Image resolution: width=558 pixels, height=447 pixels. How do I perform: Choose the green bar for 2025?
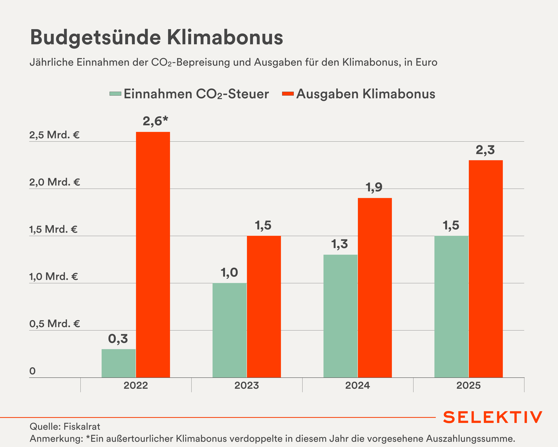click(x=451, y=307)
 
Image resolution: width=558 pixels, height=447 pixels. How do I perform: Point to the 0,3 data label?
click(x=118, y=339)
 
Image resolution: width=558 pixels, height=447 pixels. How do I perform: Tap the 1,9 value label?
click(x=374, y=187)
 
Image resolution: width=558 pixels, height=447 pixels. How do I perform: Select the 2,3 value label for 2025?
click(x=485, y=150)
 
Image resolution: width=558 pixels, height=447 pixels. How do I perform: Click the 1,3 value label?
click(x=340, y=244)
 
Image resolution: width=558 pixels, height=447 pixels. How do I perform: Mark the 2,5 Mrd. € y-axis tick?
click(x=54, y=135)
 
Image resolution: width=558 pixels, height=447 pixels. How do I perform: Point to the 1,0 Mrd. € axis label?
click(x=54, y=277)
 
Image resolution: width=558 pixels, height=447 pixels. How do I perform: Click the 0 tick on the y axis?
click(x=32, y=371)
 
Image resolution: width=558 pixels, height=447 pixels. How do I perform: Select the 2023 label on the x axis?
click(x=247, y=385)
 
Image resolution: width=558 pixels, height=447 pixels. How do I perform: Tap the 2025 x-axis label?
click(x=468, y=385)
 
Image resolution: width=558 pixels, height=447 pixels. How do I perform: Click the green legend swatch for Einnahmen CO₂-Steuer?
click(x=115, y=94)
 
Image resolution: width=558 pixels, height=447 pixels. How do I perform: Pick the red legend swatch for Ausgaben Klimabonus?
click(x=288, y=94)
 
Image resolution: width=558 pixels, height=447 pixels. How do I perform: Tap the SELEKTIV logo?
click(x=493, y=417)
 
